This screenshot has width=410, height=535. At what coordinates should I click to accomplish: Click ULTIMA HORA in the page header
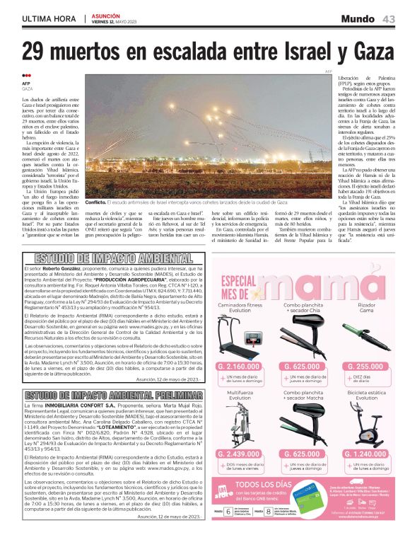49,18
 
